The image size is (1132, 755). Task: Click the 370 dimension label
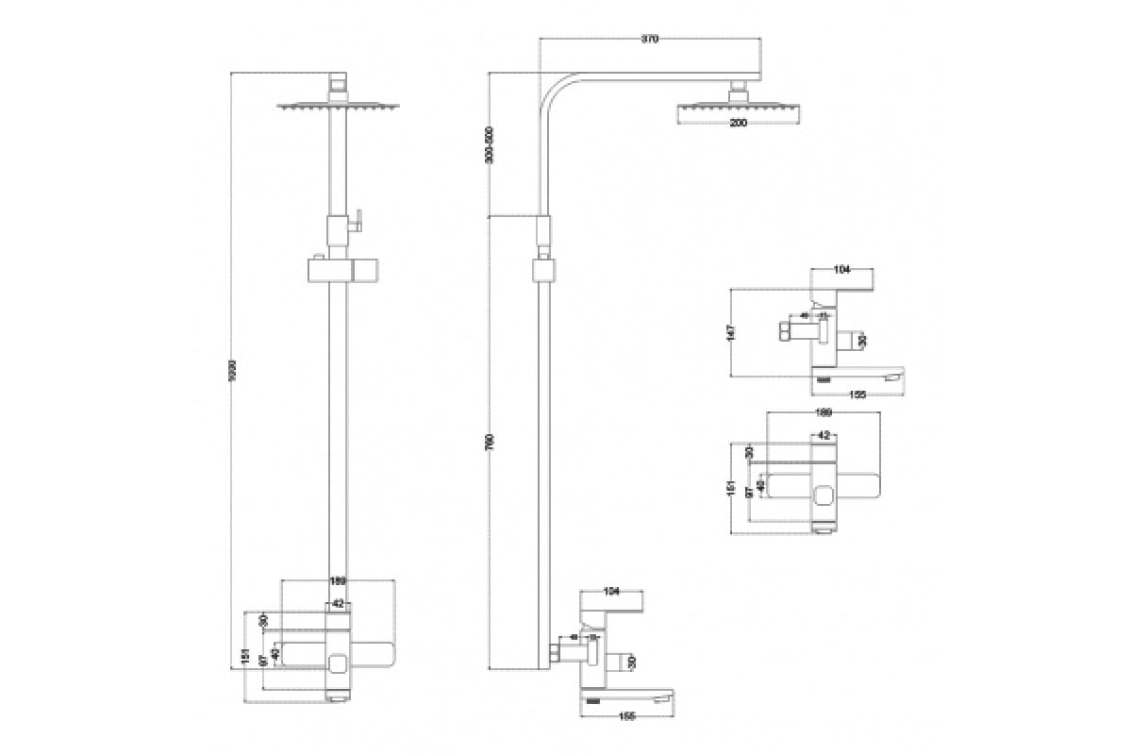tap(649, 40)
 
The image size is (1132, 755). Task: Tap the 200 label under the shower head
tap(738, 123)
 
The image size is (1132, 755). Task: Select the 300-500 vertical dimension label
tap(489, 146)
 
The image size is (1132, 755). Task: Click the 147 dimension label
tap(731, 332)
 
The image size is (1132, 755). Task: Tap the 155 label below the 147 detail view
tap(857, 394)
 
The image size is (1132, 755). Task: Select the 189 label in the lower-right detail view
tap(823, 412)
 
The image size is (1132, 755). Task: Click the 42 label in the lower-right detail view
tap(823, 435)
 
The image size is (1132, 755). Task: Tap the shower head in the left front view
tap(338, 106)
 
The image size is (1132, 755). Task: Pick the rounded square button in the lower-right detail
tap(823, 492)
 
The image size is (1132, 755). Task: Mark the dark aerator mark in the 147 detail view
tap(824, 379)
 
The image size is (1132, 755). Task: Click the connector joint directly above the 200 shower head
tap(738, 92)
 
